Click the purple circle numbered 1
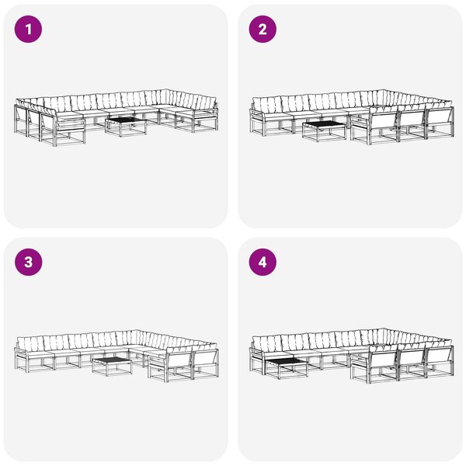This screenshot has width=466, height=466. click(28, 30)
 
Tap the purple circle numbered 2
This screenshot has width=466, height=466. click(263, 30)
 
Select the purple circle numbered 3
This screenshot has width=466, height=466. click(28, 263)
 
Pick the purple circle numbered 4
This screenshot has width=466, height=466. click(263, 263)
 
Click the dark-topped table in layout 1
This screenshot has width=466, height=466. click(126, 126)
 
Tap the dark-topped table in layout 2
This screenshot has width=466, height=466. click(325, 130)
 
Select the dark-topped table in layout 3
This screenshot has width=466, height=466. click(112, 366)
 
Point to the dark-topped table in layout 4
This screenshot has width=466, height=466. click(286, 368)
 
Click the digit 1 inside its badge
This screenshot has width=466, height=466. click(28, 30)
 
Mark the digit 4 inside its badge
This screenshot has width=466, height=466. click(263, 263)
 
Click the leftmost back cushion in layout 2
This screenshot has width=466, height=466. click(266, 103)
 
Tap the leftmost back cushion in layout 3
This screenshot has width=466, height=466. click(30, 343)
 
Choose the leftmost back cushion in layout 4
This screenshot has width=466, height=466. click(266, 343)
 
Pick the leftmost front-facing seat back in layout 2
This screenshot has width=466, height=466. click(384, 124)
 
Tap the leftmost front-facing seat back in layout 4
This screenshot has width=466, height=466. click(384, 363)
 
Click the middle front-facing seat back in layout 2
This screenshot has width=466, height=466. click(412, 123)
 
